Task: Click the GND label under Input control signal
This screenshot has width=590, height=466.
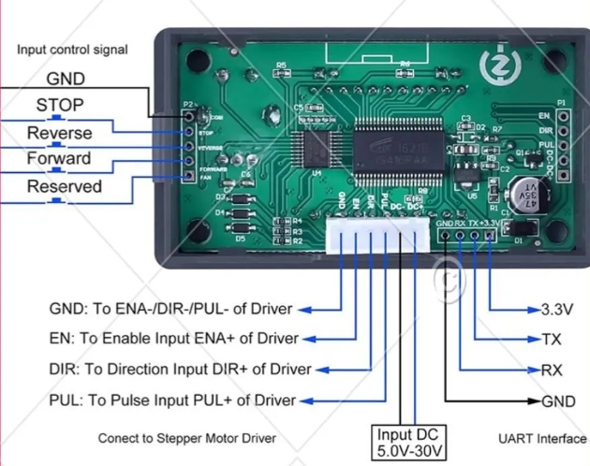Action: [x=66, y=80]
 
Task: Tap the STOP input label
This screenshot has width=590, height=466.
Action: [x=60, y=106]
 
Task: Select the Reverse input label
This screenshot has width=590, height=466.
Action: [x=59, y=133]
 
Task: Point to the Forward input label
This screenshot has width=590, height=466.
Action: [x=58, y=159]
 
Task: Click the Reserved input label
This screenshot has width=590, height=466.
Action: [x=64, y=186]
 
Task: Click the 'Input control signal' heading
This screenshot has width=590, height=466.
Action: [x=72, y=50]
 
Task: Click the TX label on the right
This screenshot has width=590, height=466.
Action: [x=552, y=339]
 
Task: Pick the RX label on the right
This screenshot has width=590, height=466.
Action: [x=552, y=370]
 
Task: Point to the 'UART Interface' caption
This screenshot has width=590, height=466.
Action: [x=541, y=438]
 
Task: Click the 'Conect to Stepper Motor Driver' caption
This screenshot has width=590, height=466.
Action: [x=187, y=438]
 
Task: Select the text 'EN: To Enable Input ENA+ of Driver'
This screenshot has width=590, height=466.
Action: [x=173, y=339]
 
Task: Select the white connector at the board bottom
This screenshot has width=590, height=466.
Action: [x=378, y=238]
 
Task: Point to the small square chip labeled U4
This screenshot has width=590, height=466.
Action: [x=310, y=148]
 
